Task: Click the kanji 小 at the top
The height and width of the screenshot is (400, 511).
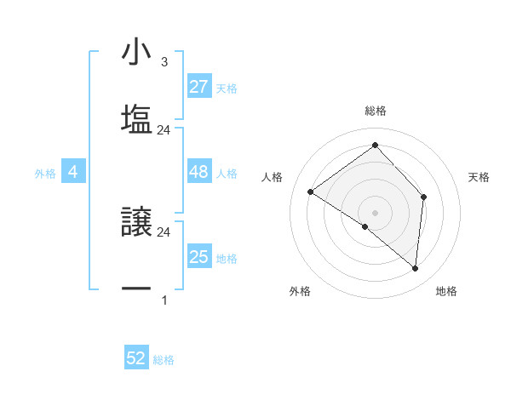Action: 136,53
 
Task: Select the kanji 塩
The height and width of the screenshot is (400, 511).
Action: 136,120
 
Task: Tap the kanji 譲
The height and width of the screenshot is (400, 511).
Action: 136,223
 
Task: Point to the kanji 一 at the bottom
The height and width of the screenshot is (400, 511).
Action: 136,290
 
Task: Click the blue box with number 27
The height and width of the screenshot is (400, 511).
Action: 198,87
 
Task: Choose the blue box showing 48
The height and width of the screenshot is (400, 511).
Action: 198,172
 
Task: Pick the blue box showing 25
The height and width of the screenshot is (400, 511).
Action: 198,257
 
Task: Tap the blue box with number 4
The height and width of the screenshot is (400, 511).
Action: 73,172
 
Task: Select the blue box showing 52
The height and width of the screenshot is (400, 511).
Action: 136,358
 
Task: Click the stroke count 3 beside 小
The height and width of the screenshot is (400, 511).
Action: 164,62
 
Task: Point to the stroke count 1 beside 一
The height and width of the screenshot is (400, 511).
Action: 164,300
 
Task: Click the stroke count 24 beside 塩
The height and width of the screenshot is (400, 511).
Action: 164,130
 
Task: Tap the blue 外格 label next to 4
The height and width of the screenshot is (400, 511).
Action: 45,173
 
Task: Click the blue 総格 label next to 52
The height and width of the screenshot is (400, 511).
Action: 164,359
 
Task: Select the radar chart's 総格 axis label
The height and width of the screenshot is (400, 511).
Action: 376,111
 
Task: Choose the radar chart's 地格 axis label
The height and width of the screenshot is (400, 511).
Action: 446,291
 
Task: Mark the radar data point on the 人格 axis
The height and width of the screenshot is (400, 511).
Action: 311,191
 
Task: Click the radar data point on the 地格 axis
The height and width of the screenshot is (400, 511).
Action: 415,269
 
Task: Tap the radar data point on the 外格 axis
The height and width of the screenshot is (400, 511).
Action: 365,227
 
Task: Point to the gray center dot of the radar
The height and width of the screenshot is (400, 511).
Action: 376,212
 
